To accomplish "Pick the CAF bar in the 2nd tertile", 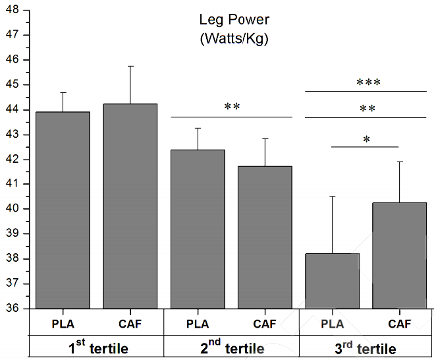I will point(265,237).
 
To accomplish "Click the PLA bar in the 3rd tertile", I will point(332,281).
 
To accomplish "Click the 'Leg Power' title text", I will point(234,20).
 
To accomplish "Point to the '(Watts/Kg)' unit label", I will point(234,39).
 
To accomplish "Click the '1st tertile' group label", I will point(97,348).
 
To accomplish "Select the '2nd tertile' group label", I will point(231,348).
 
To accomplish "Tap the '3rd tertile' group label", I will point(366,348).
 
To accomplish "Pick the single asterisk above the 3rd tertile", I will point(366,139).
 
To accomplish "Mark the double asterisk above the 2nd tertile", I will point(231,107).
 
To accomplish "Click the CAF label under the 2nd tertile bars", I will point(265,324).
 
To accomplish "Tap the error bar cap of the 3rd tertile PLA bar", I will point(332,196).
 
